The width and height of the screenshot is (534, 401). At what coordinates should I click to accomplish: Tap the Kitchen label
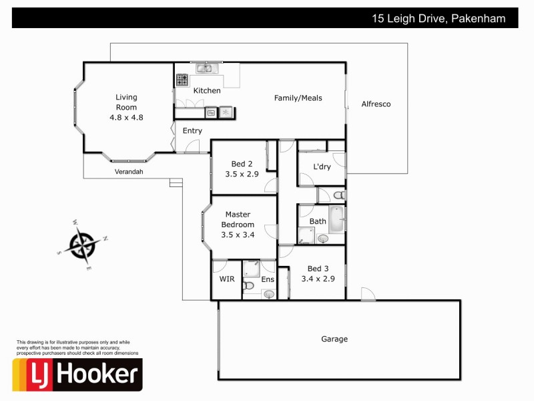click(207, 90)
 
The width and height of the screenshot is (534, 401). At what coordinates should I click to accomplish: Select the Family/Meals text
click(298, 98)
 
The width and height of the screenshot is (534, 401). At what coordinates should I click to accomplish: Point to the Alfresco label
click(376, 104)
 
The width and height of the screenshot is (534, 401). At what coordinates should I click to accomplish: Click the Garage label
click(334, 339)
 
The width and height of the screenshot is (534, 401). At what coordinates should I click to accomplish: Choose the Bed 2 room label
click(242, 164)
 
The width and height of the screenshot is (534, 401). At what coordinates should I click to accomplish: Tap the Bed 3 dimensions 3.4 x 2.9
click(317, 279)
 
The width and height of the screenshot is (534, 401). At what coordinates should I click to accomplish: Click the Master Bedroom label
click(238, 220)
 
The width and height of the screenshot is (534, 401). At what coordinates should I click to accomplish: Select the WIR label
click(226, 279)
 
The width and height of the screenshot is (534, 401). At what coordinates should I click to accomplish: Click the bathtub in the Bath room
click(336, 219)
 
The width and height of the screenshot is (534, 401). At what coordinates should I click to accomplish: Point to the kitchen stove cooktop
click(182, 80)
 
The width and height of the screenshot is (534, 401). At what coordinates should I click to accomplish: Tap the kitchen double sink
click(204, 68)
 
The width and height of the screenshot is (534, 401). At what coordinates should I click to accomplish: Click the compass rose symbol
click(83, 243)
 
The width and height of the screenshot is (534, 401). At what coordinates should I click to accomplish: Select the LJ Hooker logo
click(77, 374)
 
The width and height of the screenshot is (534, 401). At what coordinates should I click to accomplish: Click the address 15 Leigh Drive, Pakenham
click(444, 19)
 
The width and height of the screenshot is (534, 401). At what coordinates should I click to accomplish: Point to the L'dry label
click(322, 167)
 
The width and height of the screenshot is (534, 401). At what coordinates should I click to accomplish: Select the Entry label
click(192, 130)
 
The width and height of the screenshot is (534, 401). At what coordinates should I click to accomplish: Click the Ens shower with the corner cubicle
click(252, 269)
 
